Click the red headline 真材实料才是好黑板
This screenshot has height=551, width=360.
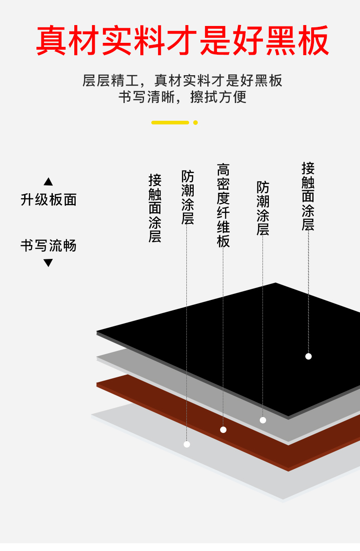pos(182,41)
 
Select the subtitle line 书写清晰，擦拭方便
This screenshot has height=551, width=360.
pos(182,97)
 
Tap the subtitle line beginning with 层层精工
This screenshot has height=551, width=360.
pos(182,81)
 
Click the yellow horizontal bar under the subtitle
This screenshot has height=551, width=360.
pos(170,123)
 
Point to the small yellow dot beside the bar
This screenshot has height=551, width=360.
pos(195,123)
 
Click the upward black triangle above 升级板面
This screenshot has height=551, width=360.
pos(48,182)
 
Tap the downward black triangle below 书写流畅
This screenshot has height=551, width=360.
pos(48,263)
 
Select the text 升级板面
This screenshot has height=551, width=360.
pos(48,200)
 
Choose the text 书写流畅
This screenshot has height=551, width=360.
pos(48,246)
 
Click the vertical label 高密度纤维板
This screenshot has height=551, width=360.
pos(223,205)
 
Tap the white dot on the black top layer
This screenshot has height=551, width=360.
pos(309,356)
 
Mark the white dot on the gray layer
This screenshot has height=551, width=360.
pos(263,420)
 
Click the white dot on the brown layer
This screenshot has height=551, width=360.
pos(223,430)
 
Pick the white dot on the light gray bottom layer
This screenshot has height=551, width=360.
pos(187,444)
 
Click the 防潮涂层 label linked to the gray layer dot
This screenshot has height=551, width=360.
pos(263,208)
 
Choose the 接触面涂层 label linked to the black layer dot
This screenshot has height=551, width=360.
pos(308,196)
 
